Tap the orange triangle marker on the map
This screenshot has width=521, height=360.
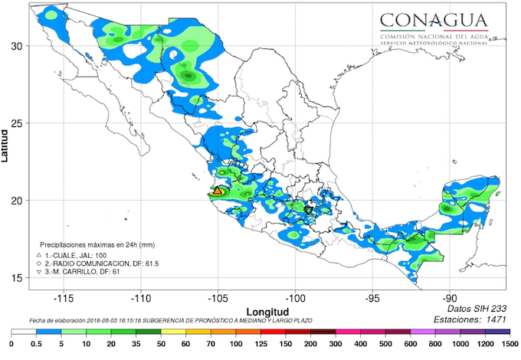pos(217,191)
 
